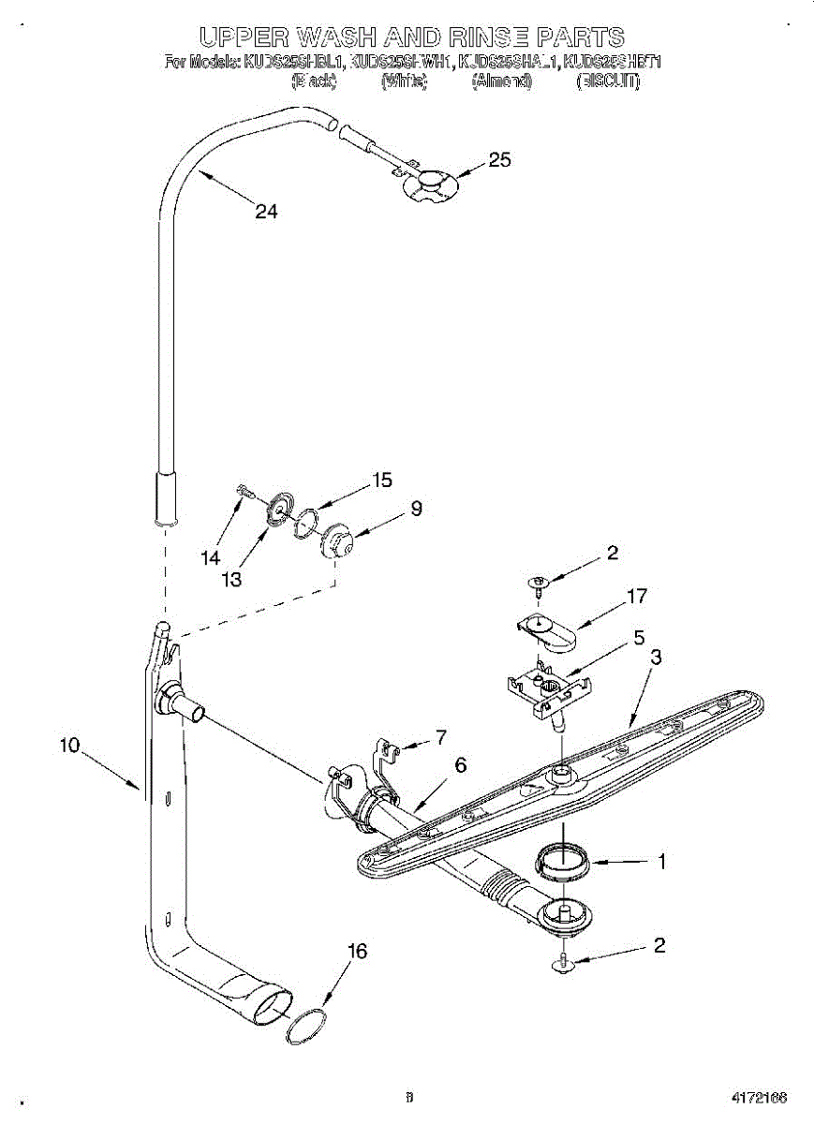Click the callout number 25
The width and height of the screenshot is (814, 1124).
(500, 160)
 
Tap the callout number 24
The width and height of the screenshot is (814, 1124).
(267, 212)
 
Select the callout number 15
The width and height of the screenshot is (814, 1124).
(382, 481)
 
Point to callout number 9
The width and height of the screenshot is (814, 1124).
(416, 510)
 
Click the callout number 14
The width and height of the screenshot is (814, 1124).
(210, 557)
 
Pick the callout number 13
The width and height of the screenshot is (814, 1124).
(231, 580)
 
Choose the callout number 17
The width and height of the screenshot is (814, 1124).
(637, 596)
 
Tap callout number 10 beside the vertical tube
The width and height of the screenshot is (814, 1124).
(71, 747)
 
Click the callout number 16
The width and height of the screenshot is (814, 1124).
(356, 952)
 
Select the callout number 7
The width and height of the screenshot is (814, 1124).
(440, 736)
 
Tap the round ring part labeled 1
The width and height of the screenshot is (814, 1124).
(564, 860)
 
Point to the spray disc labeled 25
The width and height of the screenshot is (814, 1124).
(428, 185)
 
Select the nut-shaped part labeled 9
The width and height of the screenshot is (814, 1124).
(335, 542)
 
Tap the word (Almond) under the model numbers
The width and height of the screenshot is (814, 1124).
(502, 81)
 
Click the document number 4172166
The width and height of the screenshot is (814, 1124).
(760, 1096)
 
